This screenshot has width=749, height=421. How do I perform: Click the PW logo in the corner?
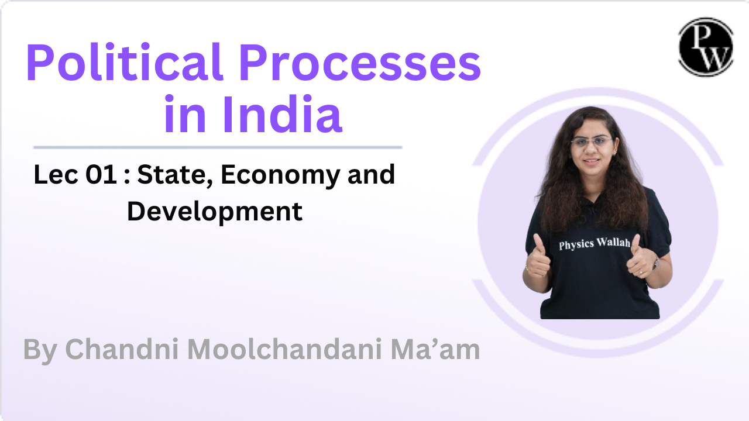[x=706, y=47]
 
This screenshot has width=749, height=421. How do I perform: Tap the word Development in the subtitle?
[x=215, y=210]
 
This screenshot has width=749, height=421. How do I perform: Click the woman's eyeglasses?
[x=592, y=142]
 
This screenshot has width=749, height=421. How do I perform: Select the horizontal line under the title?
[x=218, y=147]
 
